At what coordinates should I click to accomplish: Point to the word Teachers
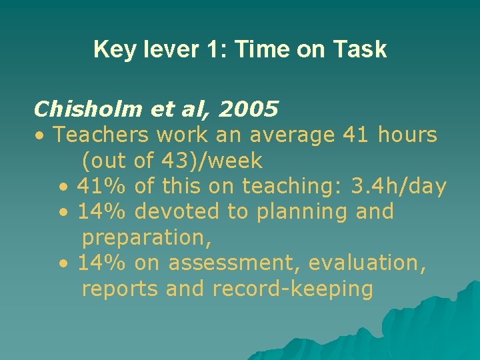101,135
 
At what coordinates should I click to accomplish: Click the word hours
407,135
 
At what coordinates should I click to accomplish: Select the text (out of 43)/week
172,161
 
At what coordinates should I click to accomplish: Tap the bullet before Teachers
41,136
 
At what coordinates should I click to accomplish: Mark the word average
291,135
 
